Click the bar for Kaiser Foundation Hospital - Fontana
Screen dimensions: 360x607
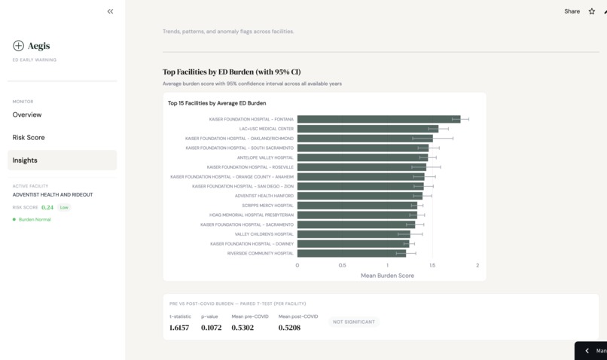[378, 119]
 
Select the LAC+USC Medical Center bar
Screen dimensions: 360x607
[368, 129]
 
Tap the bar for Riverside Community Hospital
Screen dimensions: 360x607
[351, 253]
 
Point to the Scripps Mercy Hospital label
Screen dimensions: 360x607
[267, 206]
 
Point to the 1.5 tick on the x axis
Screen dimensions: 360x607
[432, 265]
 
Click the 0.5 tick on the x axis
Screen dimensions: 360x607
[342, 265]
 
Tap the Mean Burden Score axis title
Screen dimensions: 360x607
[387, 276]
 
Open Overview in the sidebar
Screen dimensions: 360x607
[27, 114]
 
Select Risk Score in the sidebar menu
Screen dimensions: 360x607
[29, 138]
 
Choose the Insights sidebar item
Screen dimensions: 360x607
[25, 160]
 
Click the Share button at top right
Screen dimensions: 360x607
[572, 11]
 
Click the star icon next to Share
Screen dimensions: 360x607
[592, 11]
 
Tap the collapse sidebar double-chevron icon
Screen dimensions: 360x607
[110, 11]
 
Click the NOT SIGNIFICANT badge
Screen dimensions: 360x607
[354, 322]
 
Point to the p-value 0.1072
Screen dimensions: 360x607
[211, 328]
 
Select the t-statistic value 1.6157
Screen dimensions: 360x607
[179, 328]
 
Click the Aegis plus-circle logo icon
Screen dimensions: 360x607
[18, 46]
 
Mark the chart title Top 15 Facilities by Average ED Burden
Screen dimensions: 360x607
[217, 103]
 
